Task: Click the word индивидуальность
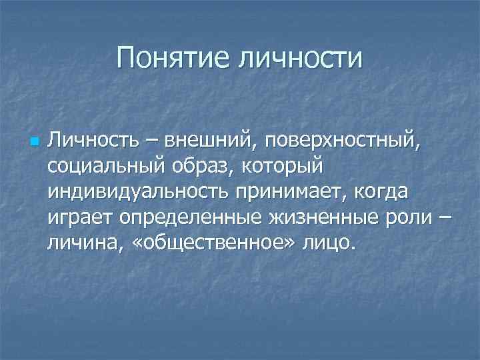pos(134,192)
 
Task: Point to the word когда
pos(378,192)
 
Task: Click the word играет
pos(79,218)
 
